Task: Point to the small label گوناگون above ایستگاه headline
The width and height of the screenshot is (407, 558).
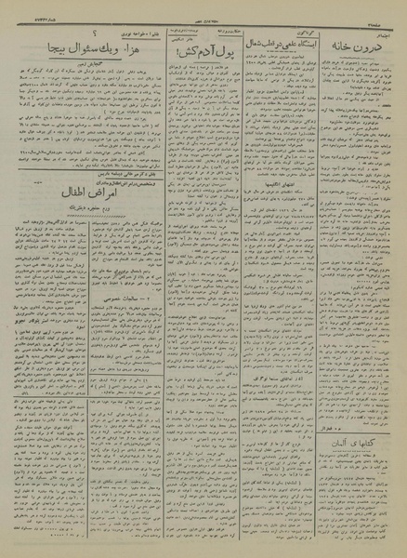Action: click(283, 28)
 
